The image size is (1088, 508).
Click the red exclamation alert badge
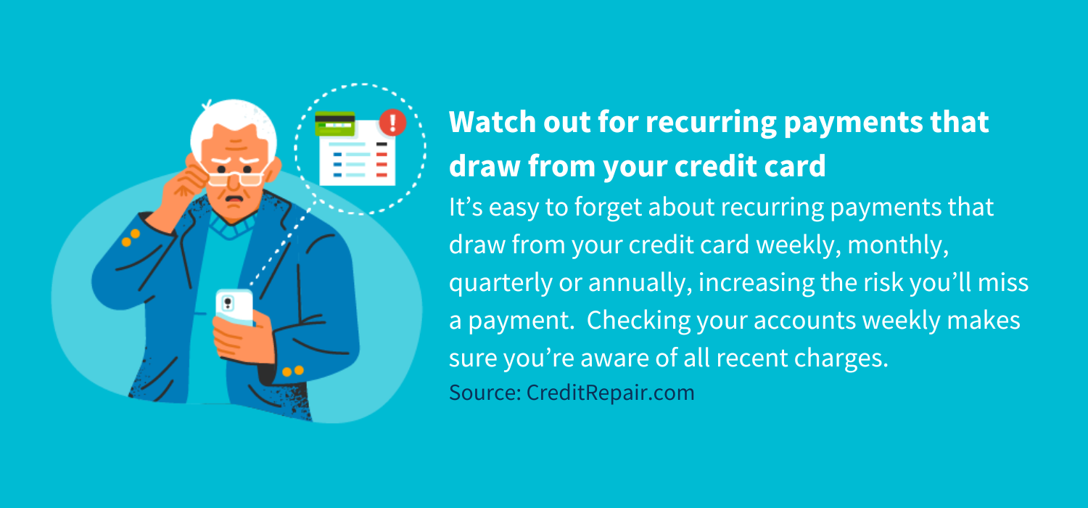(392, 122)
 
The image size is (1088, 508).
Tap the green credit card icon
(334, 125)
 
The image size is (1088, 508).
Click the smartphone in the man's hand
(234, 307)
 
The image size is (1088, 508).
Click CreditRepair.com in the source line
(611, 393)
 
